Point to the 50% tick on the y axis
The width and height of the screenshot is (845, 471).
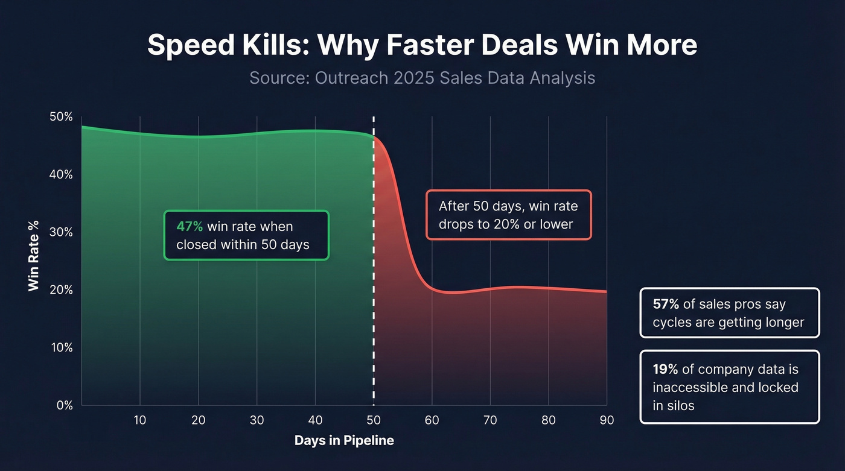click(x=60, y=116)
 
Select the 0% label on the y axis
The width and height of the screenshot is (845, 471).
click(x=63, y=405)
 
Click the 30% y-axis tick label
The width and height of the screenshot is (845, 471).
click(x=60, y=232)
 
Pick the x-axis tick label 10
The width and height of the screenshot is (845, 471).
click(x=140, y=420)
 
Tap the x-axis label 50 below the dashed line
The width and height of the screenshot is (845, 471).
click(x=374, y=420)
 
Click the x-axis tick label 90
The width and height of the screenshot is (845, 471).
click(x=607, y=420)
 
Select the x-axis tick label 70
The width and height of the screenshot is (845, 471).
click(x=490, y=420)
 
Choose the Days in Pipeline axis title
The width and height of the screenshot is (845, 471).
click(x=344, y=441)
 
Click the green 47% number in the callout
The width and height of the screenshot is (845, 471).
click(x=190, y=227)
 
